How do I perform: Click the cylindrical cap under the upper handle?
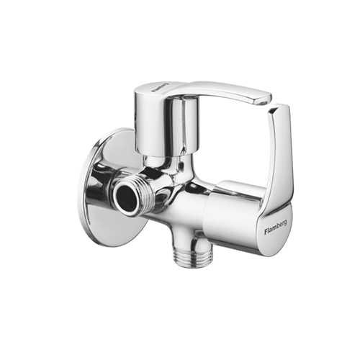(x=166, y=125)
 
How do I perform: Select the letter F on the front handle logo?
(x=266, y=232)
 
